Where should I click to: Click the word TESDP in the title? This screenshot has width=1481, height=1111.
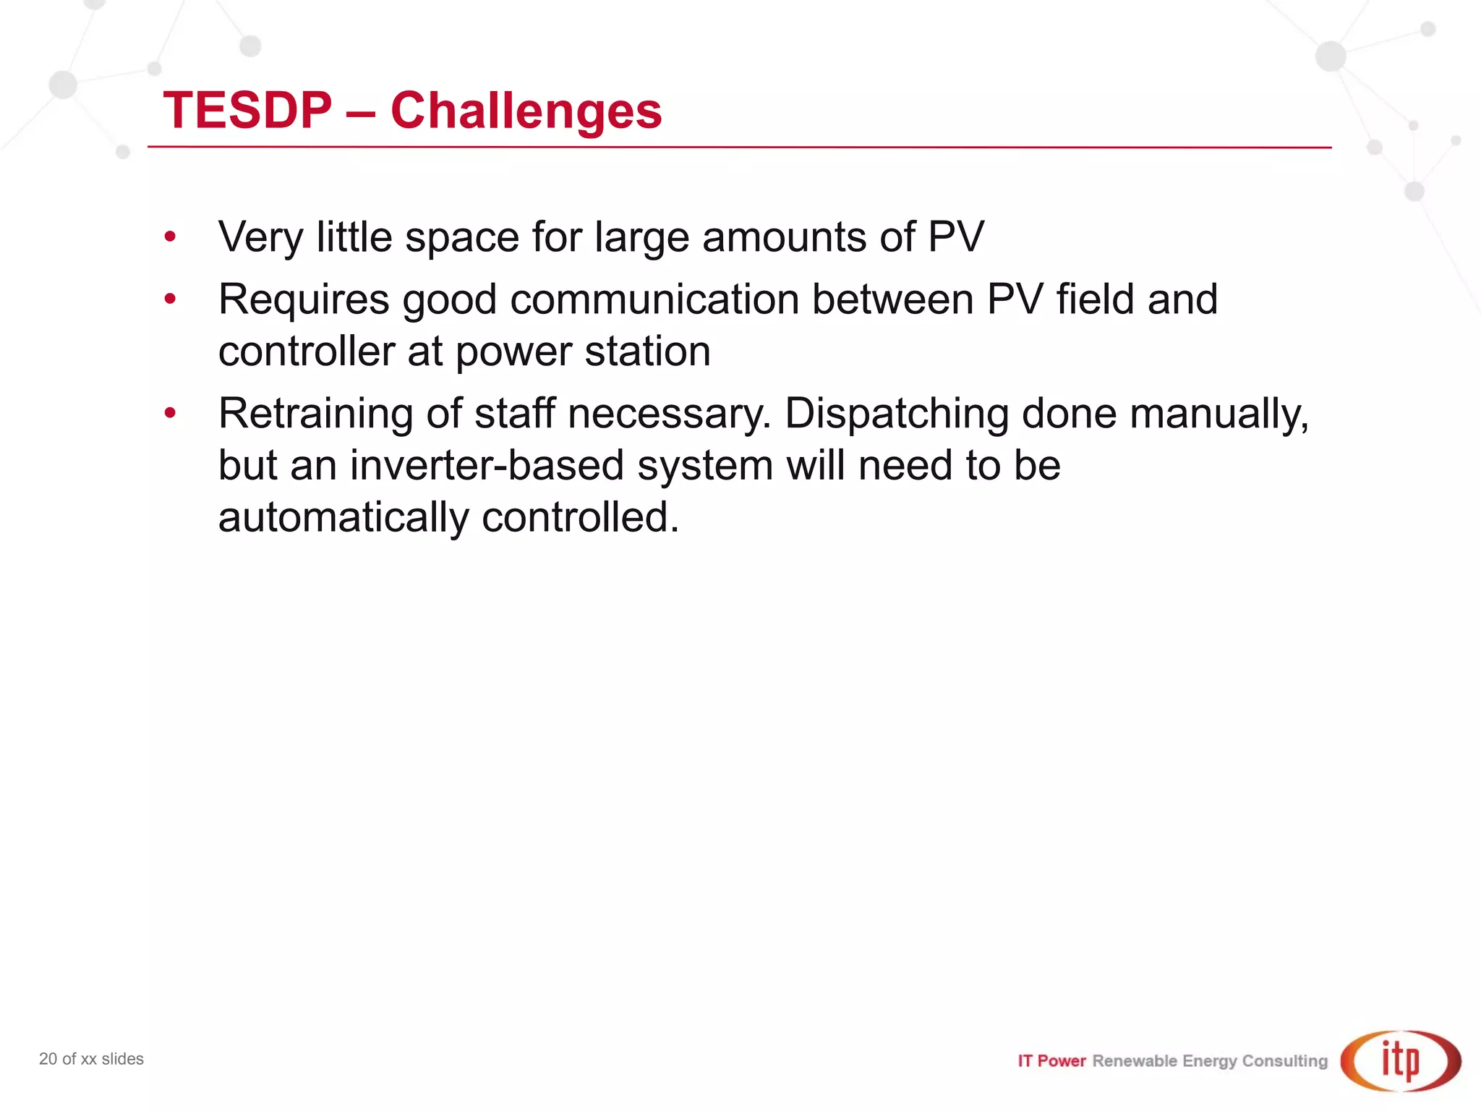(x=247, y=111)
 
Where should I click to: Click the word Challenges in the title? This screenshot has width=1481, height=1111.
(x=526, y=111)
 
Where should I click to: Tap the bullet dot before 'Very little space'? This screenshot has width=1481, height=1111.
(x=170, y=237)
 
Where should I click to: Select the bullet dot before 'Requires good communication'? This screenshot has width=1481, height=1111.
(x=170, y=299)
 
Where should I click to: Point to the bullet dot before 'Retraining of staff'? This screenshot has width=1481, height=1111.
(x=170, y=413)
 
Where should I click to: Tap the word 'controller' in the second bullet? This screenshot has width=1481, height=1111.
(x=307, y=352)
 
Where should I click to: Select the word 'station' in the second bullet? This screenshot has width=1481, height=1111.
(x=647, y=352)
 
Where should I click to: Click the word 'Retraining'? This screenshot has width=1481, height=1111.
(x=315, y=414)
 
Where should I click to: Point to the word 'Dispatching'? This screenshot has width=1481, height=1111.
(x=896, y=414)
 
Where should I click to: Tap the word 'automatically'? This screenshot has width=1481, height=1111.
(x=343, y=518)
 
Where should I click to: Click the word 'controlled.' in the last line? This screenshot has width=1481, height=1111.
(x=581, y=518)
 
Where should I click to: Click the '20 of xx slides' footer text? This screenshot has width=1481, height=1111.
(x=91, y=1059)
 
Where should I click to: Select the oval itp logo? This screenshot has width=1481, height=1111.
(x=1401, y=1060)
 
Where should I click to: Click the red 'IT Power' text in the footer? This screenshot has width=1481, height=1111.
(x=1051, y=1061)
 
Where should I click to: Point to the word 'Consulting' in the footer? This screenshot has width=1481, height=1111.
(x=1285, y=1061)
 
